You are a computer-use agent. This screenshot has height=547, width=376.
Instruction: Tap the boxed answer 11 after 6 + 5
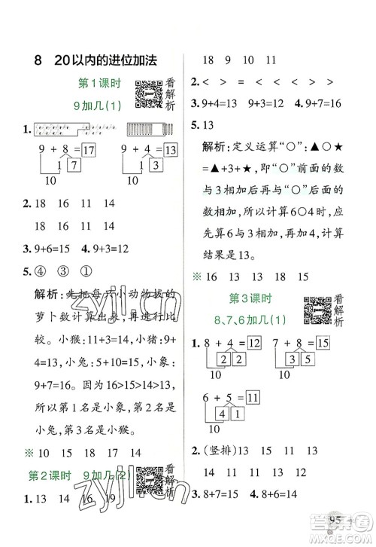(253, 396)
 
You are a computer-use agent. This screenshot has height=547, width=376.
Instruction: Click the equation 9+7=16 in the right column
(332, 103)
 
